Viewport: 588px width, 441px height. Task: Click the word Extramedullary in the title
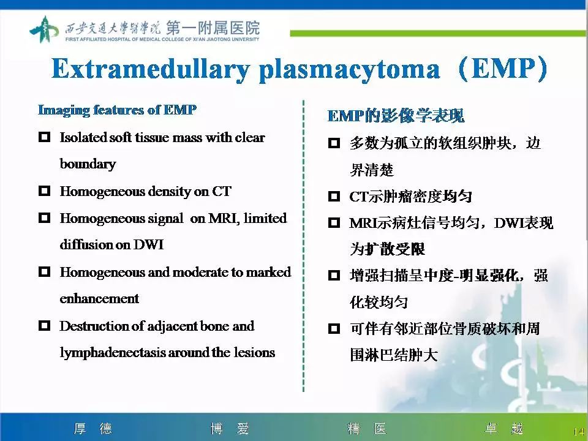pyautogui.click(x=150, y=69)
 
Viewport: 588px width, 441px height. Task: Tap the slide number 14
pyautogui.click(x=578, y=432)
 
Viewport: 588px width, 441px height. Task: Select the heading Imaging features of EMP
pyautogui.click(x=117, y=110)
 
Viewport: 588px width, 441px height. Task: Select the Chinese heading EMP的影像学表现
pyautogui.click(x=396, y=116)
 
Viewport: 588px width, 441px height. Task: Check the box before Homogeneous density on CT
pyautogui.click(x=44, y=191)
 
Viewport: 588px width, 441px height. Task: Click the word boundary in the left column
pyautogui.click(x=88, y=164)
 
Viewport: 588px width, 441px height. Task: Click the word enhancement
pyautogui.click(x=99, y=299)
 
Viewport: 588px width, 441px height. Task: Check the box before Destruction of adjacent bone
pyautogui.click(x=44, y=326)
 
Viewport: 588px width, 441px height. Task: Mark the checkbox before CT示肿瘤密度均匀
pyautogui.click(x=334, y=197)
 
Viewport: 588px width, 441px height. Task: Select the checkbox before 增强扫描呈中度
pyautogui.click(x=334, y=276)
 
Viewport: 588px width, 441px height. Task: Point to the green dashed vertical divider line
pyautogui.click(x=304, y=245)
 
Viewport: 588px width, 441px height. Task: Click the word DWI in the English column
pyautogui.click(x=148, y=245)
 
